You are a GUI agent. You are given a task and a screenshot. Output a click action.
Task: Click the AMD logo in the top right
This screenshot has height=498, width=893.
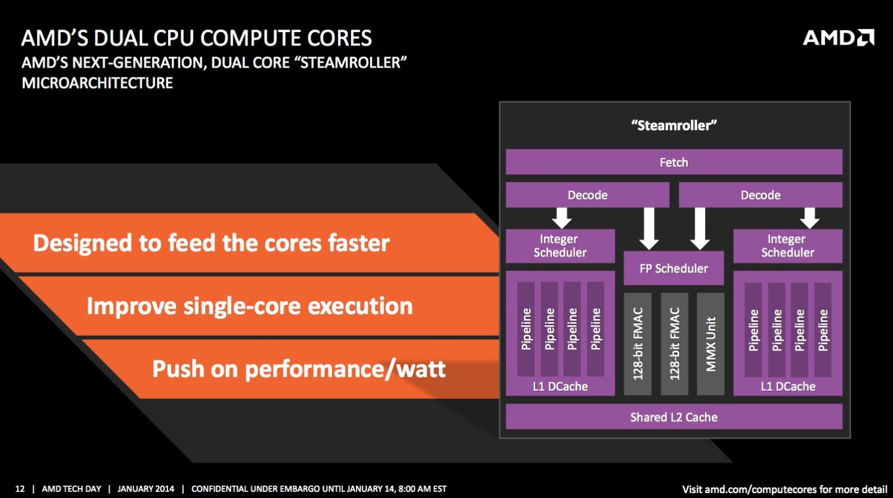tap(838, 38)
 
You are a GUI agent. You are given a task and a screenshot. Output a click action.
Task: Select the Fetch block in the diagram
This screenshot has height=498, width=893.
tap(673, 162)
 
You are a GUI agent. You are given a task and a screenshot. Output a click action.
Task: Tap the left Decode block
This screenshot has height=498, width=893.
tap(587, 195)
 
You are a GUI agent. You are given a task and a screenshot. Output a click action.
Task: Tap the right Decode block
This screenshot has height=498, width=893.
tap(760, 195)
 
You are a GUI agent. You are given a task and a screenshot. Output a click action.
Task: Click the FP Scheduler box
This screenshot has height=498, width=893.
tap(673, 268)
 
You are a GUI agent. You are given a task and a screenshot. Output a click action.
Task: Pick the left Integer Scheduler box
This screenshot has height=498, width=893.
tap(560, 246)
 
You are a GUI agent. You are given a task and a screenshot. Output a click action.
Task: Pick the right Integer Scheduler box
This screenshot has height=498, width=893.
tap(788, 246)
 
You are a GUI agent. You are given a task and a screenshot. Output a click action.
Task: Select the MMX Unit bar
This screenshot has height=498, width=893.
tap(711, 344)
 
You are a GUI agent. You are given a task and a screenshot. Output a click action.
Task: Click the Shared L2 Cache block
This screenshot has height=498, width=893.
tap(673, 417)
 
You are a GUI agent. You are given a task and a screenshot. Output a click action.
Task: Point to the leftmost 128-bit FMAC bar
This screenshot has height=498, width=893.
tap(638, 344)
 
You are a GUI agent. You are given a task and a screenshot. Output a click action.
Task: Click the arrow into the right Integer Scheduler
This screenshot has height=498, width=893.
tap(809, 217)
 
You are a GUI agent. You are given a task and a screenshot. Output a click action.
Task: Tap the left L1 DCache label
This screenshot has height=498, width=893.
tap(560, 387)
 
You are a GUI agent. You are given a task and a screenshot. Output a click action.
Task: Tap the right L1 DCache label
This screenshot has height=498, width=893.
tap(788, 387)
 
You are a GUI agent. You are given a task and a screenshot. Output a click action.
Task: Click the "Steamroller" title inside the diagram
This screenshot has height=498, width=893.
tap(673, 125)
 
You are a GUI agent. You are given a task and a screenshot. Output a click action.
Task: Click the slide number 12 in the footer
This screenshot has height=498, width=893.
tap(20, 489)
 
